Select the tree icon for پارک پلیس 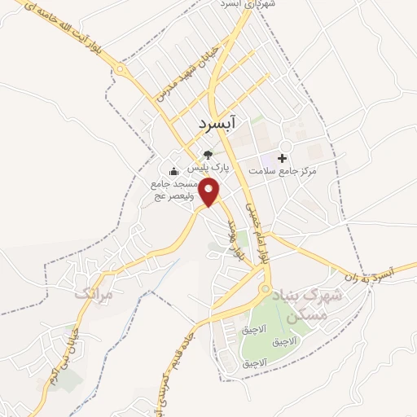(x=208, y=154)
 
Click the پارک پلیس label (x=208, y=168)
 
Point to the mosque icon (x=173, y=172)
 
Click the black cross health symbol (x=283, y=157)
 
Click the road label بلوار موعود (x=237, y=237)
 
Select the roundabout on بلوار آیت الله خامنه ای (x=122, y=71)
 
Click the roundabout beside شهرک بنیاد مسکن (x=264, y=290)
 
